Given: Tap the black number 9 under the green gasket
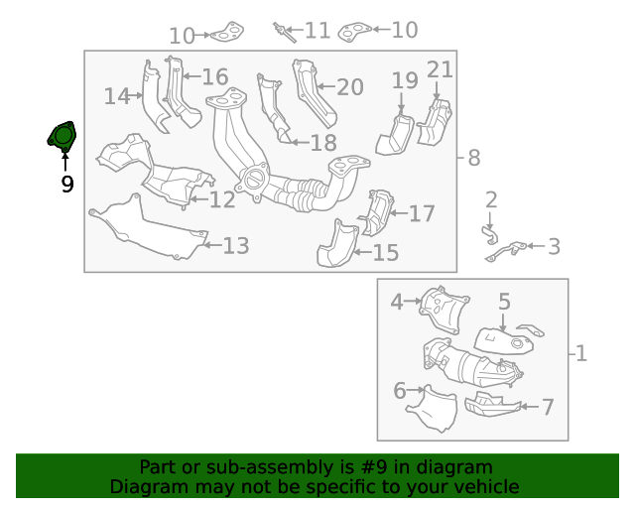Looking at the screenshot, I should [66, 184].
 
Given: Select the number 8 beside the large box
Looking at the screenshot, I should [473, 157].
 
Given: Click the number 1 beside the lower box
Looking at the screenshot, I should [581, 353].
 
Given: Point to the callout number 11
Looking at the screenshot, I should [317, 31].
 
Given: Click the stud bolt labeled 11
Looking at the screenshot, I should [285, 32].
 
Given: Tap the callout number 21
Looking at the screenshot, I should [440, 69].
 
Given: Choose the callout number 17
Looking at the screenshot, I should [422, 212].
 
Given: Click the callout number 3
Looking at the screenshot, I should [554, 246].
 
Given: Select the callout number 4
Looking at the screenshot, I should [397, 301].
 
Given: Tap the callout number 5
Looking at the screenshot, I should [504, 302].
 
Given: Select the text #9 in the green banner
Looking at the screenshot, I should [390, 467].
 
